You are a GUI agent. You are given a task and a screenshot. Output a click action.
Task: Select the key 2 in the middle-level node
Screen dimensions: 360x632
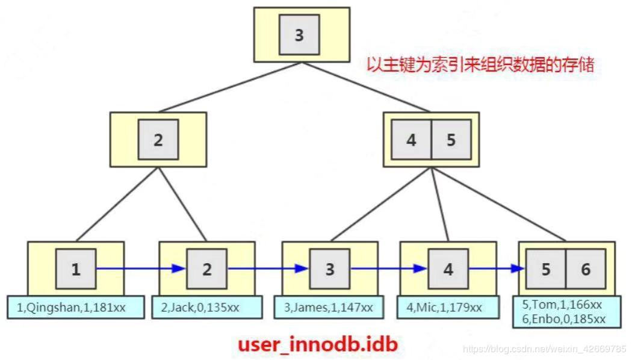click(x=158, y=140)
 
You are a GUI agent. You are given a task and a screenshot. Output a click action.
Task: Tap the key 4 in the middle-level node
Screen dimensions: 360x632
click(x=411, y=140)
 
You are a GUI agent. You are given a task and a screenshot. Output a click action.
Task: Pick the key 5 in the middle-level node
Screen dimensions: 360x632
click(x=451, y=140)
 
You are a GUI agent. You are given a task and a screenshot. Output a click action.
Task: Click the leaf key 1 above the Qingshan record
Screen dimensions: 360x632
click(x=76, y=269)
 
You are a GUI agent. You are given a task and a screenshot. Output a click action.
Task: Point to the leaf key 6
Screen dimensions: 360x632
click(x=586, y=269)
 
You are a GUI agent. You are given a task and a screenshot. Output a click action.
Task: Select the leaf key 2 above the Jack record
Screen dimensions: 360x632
click(x=206, y=269)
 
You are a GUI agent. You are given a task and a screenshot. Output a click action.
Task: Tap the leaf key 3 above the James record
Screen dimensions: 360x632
click(x=330, y=269)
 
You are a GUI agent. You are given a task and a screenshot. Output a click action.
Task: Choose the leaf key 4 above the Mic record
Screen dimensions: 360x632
click(x=448, y=269)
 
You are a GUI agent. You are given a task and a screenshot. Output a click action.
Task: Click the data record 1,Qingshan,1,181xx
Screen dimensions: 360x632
click(x=75, y=307)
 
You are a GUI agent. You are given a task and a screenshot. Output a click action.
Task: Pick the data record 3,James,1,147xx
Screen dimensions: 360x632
click(x=330, y=307)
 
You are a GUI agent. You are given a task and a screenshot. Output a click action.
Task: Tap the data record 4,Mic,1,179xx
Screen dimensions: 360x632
click(x=448, y=307)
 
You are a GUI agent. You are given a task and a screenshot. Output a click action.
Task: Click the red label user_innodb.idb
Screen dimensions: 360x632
click(x=318, y=344)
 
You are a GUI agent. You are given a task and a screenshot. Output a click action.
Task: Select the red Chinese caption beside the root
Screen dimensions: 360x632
click(x=480, y=65)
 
